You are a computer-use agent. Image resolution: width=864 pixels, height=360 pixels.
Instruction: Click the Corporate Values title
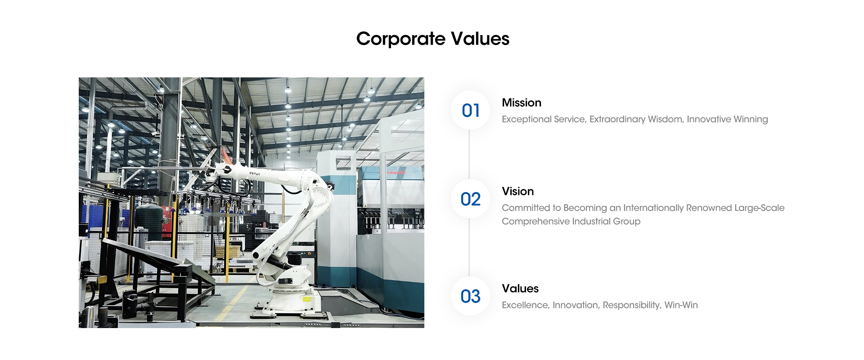point(432,39)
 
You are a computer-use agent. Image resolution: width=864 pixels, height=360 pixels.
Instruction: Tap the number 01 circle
point(471,110)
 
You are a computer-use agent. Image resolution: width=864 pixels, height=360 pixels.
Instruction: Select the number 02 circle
point(471,199)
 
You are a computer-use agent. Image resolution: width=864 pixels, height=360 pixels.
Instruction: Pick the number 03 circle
point(471,296)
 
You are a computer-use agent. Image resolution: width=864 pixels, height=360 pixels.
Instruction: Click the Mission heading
point(522,103)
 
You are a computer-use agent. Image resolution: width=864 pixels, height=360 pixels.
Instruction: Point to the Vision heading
point(518,191)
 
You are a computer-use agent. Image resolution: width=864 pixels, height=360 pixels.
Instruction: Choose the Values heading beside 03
point(520,288)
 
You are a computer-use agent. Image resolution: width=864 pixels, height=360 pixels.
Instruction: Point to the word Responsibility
point(632,306)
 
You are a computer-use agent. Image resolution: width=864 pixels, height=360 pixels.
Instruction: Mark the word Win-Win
point(681,305)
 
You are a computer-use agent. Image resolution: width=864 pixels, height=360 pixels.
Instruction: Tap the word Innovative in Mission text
point(709,119)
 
